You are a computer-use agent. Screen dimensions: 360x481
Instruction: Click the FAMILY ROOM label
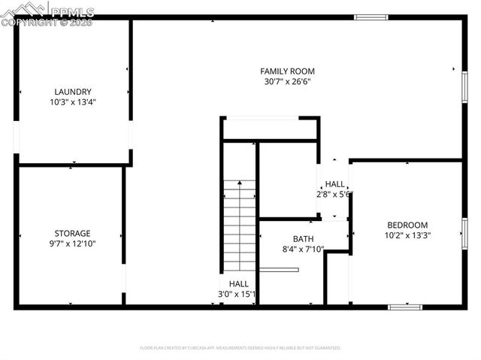pos(287,71)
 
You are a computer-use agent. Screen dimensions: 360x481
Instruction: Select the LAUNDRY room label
pos(73,92)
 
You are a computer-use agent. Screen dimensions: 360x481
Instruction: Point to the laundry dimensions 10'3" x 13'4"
pos(73,101)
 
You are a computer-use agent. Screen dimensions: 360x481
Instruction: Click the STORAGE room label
pos(72,233)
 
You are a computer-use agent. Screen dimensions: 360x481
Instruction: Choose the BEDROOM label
pos(407,225)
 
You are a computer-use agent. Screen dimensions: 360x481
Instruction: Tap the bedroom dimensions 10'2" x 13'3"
pos(407,234)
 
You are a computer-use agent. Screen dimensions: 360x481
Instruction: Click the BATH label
pos(303,239)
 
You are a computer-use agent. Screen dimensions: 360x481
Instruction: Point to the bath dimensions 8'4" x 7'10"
pos(303,249)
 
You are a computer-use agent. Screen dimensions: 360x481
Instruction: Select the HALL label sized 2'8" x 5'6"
pos(334,184)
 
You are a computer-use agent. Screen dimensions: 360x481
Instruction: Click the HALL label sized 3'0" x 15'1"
pos(238,283)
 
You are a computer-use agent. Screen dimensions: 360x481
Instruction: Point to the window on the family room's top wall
pos(371,17)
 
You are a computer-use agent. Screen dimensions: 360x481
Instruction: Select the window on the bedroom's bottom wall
pos(405,307)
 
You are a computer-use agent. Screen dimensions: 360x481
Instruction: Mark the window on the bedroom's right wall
pos(464,233)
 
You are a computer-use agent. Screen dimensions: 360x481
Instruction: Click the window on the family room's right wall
pos(464,86)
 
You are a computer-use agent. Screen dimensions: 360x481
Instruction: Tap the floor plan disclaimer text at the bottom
pos(240,348)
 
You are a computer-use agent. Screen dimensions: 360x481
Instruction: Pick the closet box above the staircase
pos(271,129)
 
